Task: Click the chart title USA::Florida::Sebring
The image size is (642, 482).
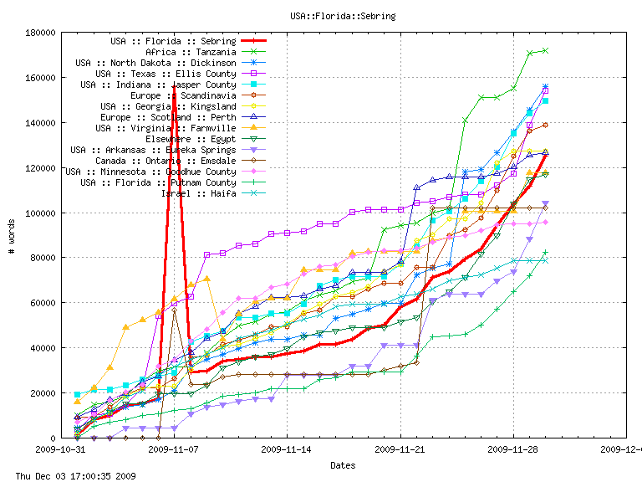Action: point(343,16)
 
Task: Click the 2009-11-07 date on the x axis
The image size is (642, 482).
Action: point(173,449)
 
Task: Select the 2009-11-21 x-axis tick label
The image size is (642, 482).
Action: point(400,449)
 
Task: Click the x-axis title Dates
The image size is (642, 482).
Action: point(343,464)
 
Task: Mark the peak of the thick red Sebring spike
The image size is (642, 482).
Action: point(174,86)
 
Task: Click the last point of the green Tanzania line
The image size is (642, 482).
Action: point(546,50)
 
